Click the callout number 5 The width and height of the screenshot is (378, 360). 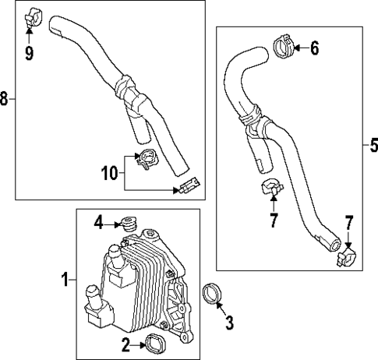point(373,144)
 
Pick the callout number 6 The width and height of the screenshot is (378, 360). point(315,48)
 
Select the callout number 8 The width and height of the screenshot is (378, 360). point(5,99)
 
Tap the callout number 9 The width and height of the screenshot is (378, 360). point(30,53)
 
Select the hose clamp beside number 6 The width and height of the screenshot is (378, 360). point(284,48)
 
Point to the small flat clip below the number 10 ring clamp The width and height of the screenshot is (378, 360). point(189,185)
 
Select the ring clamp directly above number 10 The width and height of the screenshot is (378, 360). point(146,158)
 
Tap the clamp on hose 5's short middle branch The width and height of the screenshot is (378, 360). point(269,187)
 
